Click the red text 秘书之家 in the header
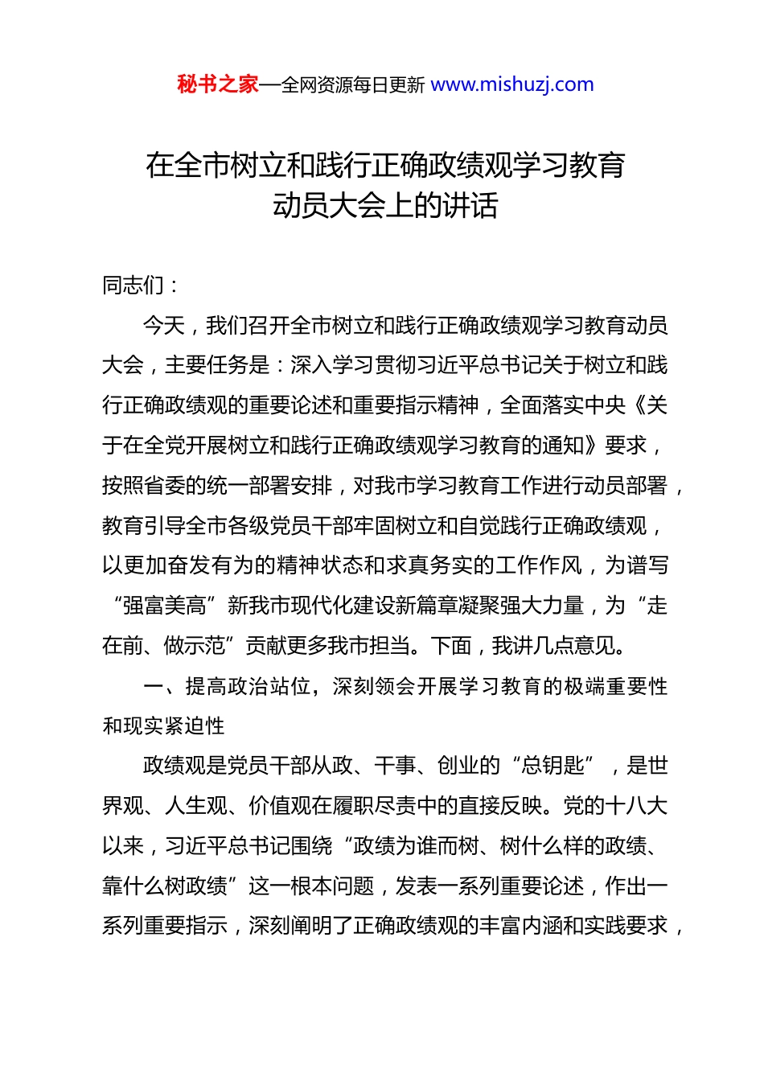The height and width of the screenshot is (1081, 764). pos(218,84)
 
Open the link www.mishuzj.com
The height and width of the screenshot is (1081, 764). pos(512,84)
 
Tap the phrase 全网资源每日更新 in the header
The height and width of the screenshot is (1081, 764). pos(353,85)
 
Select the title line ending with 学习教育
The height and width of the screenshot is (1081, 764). pos(385,166)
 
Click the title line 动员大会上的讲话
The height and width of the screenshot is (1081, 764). pos(385,206)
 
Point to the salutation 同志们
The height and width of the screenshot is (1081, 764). pos(133,285)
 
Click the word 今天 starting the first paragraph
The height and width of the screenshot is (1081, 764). pos(164,325)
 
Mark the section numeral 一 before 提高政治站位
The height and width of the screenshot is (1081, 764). pos(153,686)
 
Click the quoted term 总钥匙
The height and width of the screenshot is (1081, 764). pos(554,766)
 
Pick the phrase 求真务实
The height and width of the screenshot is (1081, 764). pos(427,565)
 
